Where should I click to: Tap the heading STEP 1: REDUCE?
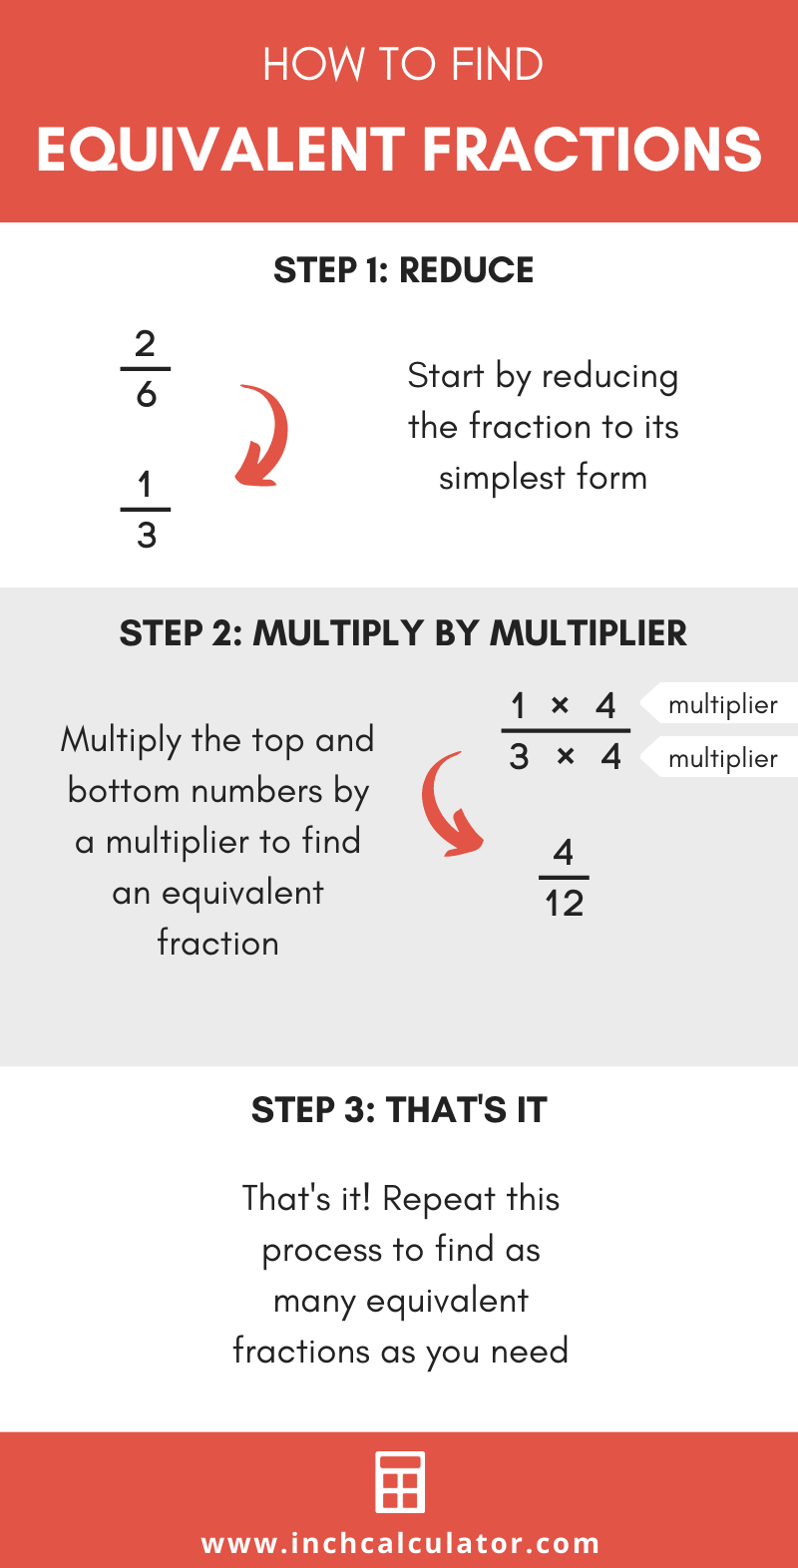[x=403, y=270]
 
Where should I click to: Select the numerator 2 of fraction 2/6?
[x=146, y=344]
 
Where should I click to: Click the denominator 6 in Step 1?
[x=146, y=395]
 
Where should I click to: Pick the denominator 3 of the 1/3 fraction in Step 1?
[x=146, y=536]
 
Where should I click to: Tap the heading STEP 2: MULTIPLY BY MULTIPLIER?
[x=403, y=633]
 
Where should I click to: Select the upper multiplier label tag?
[x=720, y=704]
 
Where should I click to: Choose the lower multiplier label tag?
[x=720, y=758]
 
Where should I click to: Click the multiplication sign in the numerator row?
[x=560, y=705]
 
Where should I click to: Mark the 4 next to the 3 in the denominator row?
[x=610, y=757]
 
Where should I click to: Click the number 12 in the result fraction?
[x=564, y=904]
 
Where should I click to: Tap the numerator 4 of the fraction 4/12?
[x=564, y=853]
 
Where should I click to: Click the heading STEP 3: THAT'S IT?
[x=399, y=1110]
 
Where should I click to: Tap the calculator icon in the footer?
[x=400, y=1482]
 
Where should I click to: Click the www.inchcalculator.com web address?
[x=400, y=1544]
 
